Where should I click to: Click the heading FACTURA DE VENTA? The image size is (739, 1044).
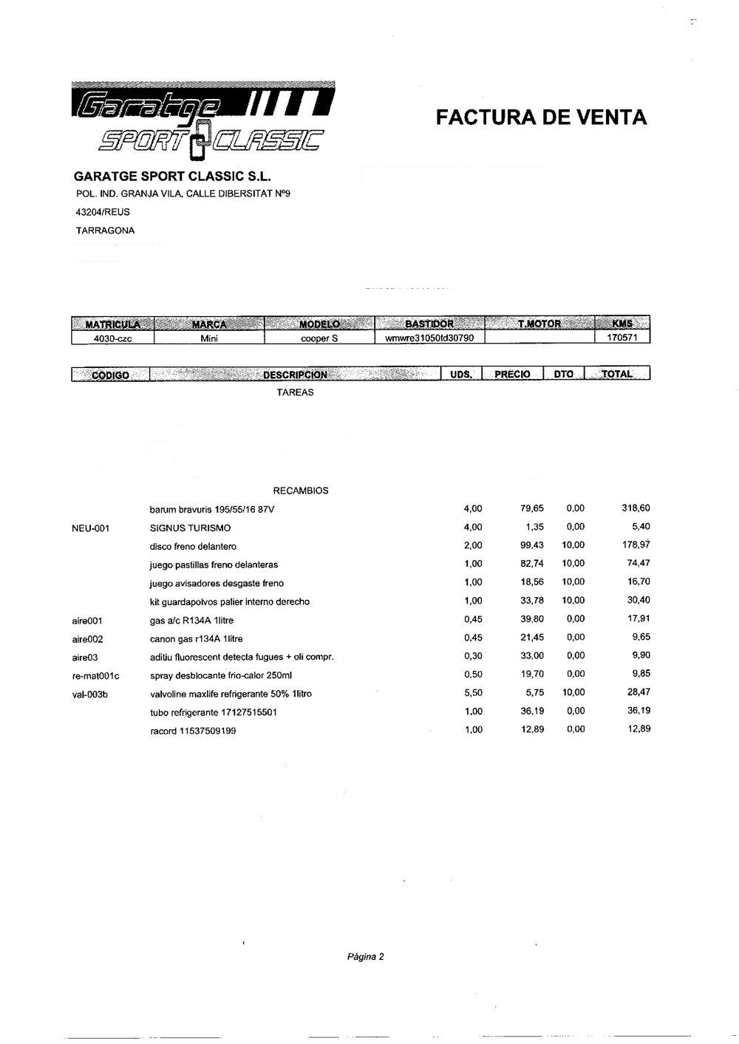point(541,117)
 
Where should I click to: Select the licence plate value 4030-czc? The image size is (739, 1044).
point(112,338)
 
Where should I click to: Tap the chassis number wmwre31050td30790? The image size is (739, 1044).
point(429,338)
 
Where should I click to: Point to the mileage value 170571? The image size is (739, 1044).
point(622,338)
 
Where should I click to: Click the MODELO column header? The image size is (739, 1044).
point(319,324)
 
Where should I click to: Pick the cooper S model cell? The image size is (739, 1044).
point(319,338)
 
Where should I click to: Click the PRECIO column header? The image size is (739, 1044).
point(512,374)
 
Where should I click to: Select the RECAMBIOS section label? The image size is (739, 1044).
point(301,491)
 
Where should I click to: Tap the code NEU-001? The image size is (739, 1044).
point(91,528)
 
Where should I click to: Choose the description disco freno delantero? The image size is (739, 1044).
point(193,547)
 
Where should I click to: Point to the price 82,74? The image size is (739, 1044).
point(532,564)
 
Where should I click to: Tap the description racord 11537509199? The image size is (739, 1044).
point(193,731)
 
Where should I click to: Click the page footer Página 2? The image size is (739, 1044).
point(366,958)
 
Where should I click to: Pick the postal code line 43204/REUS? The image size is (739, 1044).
point(103,212)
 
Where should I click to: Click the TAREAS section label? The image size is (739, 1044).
point(295,393)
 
